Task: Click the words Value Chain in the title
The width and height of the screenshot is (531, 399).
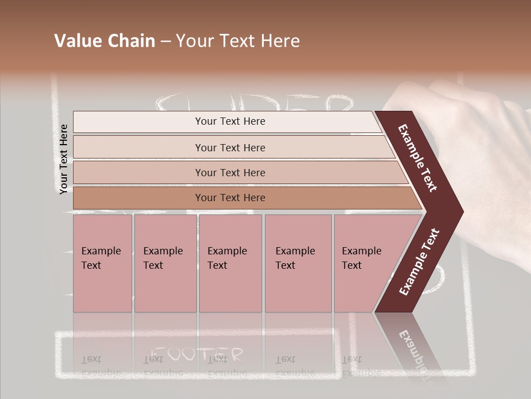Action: click(105, 41)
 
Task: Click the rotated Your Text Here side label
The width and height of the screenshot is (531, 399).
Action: click(64, 159)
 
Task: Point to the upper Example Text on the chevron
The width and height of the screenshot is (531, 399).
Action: click(418, 158)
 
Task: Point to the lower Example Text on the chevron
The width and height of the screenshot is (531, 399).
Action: click(419, 262)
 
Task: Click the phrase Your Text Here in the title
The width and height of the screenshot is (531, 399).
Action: click(238, 41)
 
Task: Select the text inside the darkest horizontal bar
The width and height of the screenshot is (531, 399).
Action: click(230, 198)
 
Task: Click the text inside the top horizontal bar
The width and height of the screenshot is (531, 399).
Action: click(230, 121)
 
